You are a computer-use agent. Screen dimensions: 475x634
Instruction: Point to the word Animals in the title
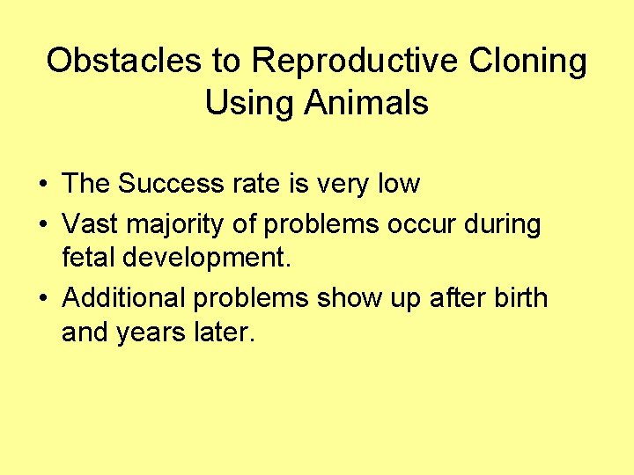pyautogui.click(x=366, y=103)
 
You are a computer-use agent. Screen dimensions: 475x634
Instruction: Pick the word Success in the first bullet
pyautogui.click(x=171, y=184)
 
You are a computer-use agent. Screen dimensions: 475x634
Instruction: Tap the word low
pyautogui.click(x=397, y=184)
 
